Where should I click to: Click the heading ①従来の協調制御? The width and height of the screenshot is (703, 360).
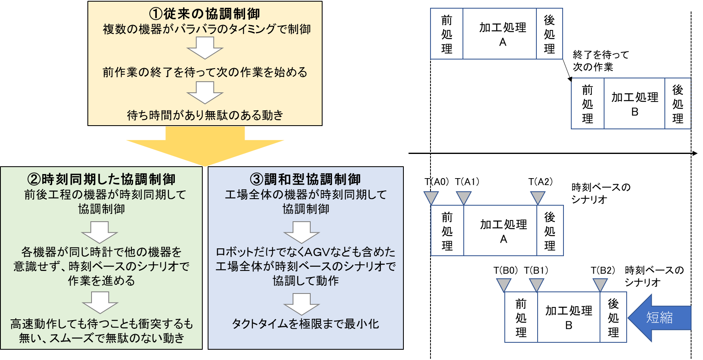click(204, 14)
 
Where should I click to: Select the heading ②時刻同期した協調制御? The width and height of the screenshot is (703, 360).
click(101, 179)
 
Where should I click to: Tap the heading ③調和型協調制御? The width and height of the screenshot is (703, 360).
click(305, 179)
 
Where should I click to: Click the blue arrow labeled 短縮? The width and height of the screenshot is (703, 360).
click(659, 318)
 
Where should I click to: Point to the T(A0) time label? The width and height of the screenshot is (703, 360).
click(437, 182)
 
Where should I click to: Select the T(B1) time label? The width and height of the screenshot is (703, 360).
click(536, 270)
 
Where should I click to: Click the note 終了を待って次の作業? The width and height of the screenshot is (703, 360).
click(601, 61)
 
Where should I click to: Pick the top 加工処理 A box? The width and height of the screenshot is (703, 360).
click(499, 34)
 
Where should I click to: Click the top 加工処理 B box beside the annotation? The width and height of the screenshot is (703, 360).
click(634, 103)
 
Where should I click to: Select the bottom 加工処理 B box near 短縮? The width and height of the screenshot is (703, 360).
click(569, 317)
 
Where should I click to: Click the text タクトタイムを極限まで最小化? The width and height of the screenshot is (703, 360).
click(305, 323)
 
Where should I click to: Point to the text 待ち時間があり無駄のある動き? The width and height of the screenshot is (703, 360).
click(205, 115)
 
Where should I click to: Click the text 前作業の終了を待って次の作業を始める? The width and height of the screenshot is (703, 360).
click(205, 72)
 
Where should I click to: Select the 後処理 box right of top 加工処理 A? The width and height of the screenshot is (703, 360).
click(550, 34)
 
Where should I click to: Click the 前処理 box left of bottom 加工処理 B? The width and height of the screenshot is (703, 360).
click(521, 317)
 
